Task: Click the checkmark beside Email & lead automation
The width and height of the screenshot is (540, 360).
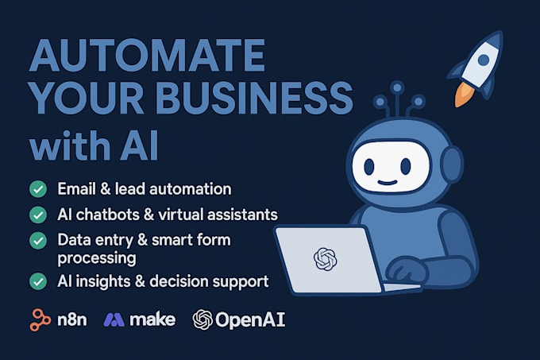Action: [37, 190]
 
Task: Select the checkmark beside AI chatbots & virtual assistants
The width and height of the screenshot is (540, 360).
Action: [37, 215]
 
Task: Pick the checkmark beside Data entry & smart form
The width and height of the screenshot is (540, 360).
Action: [37, 239]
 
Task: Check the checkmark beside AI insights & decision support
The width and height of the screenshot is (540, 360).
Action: [37, 281]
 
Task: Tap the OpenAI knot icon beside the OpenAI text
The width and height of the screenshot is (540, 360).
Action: [202, 320]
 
